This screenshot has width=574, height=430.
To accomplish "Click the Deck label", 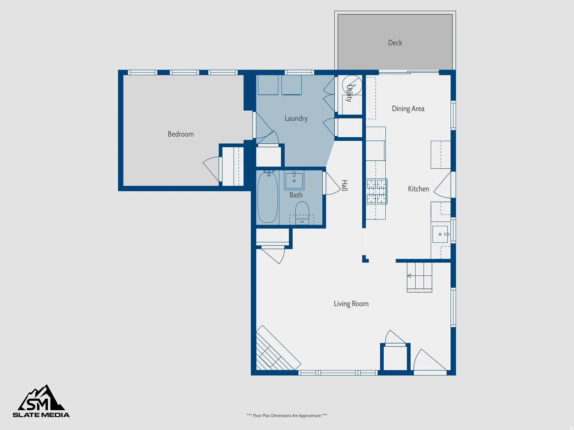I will (395, 43).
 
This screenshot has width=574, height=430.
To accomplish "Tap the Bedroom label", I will (181, 134).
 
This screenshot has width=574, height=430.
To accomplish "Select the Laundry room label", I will (296, 118).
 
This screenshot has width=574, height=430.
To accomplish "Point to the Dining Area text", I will (408, 109).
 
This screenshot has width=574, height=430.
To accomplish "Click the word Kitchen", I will (418, 189).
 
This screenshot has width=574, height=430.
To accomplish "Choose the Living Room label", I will (351, 304).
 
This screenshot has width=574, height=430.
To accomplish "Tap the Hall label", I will (344, 186).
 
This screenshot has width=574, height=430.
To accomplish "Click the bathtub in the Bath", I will (268, 198).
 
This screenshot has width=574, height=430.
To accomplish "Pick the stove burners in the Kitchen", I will (376, 191).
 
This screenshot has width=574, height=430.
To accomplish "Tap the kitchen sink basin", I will (440, 234).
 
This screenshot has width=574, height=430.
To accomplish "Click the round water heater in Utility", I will (352, 85).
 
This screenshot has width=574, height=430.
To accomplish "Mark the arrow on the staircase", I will (409, 276).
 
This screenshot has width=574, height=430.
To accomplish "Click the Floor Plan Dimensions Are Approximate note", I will (287, 415).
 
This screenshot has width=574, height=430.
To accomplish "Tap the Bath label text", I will (296, 195).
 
